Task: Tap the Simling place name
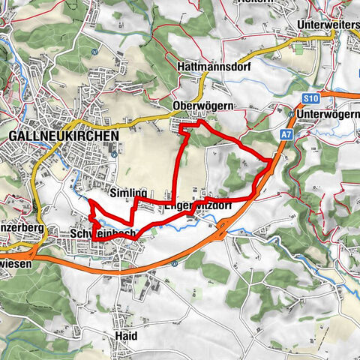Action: click(128, 193)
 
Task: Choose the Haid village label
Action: click(126, 336)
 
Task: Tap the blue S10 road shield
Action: click(312, 98)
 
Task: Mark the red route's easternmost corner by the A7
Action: click(271, 160)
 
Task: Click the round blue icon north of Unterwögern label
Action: click(291, 113)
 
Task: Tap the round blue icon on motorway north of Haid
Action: click(173, 263)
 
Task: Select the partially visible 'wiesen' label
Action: click(13, 264)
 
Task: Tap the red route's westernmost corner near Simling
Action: click(90, 202)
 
